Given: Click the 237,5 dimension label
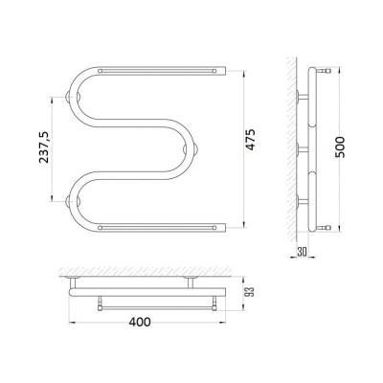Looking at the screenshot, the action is coord(44,147).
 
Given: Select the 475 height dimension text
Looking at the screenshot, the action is coord(251,140).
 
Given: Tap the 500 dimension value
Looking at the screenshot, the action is coord(340,146).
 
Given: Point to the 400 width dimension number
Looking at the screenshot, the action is coord(140,322).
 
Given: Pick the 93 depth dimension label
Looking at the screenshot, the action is coord(251,292).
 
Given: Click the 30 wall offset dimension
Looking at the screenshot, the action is coord(302,252).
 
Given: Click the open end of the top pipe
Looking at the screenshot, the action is coord(226,71).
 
